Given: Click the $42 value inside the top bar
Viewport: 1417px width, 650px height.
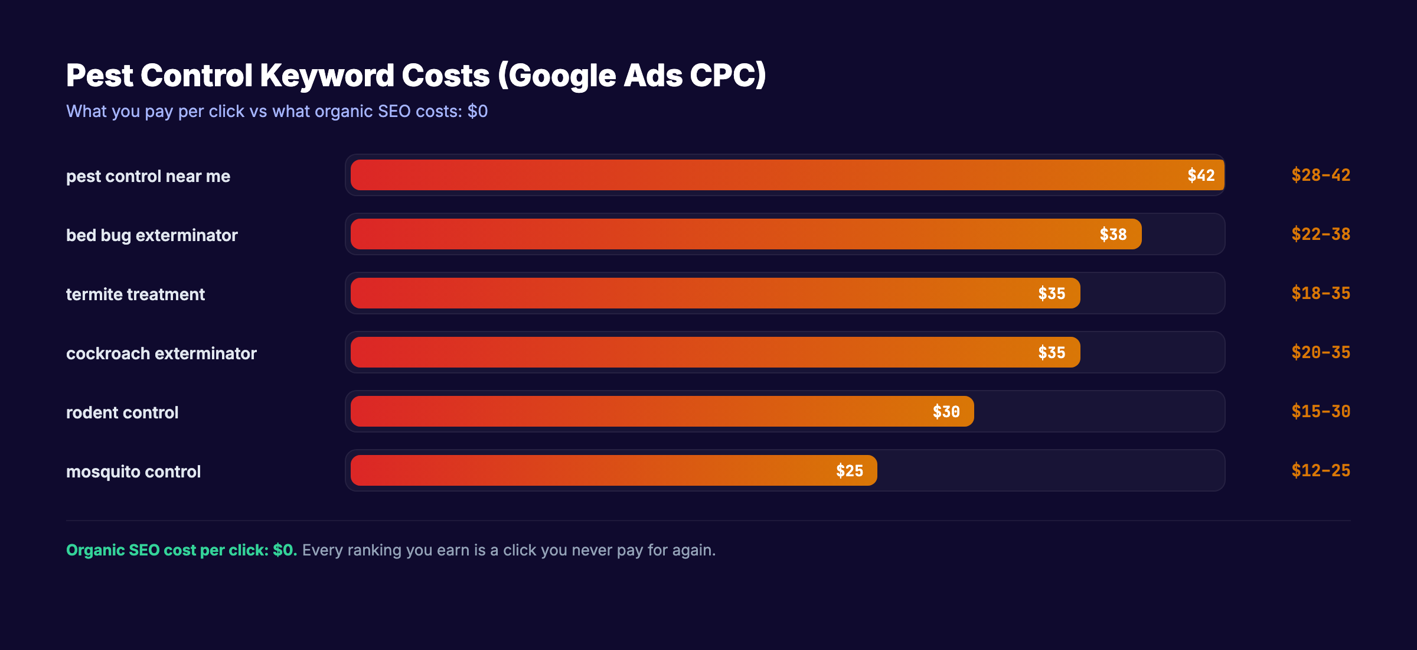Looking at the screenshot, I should (x=1201, y=175).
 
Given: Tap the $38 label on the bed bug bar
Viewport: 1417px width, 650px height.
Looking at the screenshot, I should (x=1113, y=235).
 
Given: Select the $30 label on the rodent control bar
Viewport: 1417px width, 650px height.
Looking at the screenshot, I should (x=946, y=412).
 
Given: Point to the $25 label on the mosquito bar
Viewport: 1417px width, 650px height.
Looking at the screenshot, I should (x=849, y=471).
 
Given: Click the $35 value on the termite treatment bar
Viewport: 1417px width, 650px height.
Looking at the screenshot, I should (x=1052, y=294).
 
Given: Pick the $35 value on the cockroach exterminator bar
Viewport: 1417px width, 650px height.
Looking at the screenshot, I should (x=1052, y=353).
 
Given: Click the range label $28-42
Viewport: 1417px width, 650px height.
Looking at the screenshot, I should (x=1320, y=175).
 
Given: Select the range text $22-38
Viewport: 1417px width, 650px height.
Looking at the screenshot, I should (x=1320, y=235).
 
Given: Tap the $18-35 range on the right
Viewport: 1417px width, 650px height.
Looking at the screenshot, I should (x=1320, y=294).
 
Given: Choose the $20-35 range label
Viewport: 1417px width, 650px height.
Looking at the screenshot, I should (x=1320, y=353).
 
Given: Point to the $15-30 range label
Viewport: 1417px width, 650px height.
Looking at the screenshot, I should (x=1320, y=412).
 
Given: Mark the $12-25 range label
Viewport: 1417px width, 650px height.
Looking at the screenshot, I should (x=1320, y=471).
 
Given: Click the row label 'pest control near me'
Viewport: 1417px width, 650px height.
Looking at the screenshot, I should (x=148, y=176).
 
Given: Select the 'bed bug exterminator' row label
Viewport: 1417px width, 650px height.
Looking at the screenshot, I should (x=152, y=235).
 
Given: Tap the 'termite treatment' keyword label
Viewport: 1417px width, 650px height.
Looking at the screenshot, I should (x=135, y=294).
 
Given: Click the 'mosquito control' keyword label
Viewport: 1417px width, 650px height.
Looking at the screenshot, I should (x=133, y=472).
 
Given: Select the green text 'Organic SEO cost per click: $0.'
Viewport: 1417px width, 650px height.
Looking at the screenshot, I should (x=181, y=550).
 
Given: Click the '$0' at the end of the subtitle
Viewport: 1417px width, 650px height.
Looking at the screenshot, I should (x=477, y=111).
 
